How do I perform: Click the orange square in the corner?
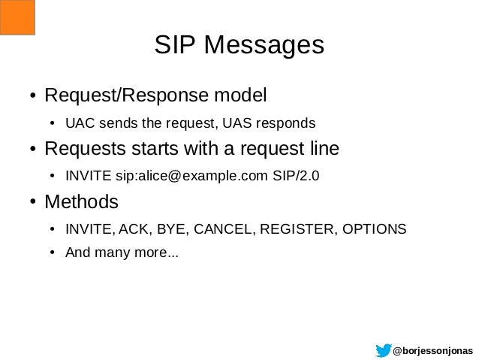click(17, 17)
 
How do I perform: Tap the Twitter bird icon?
click(383, 349)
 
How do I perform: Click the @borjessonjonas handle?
click(433, 350)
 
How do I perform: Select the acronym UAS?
click(246, 123)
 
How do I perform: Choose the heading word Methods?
click(81, 203)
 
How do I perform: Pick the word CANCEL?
click(215, 229)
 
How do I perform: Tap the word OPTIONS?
click(373, 229)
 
